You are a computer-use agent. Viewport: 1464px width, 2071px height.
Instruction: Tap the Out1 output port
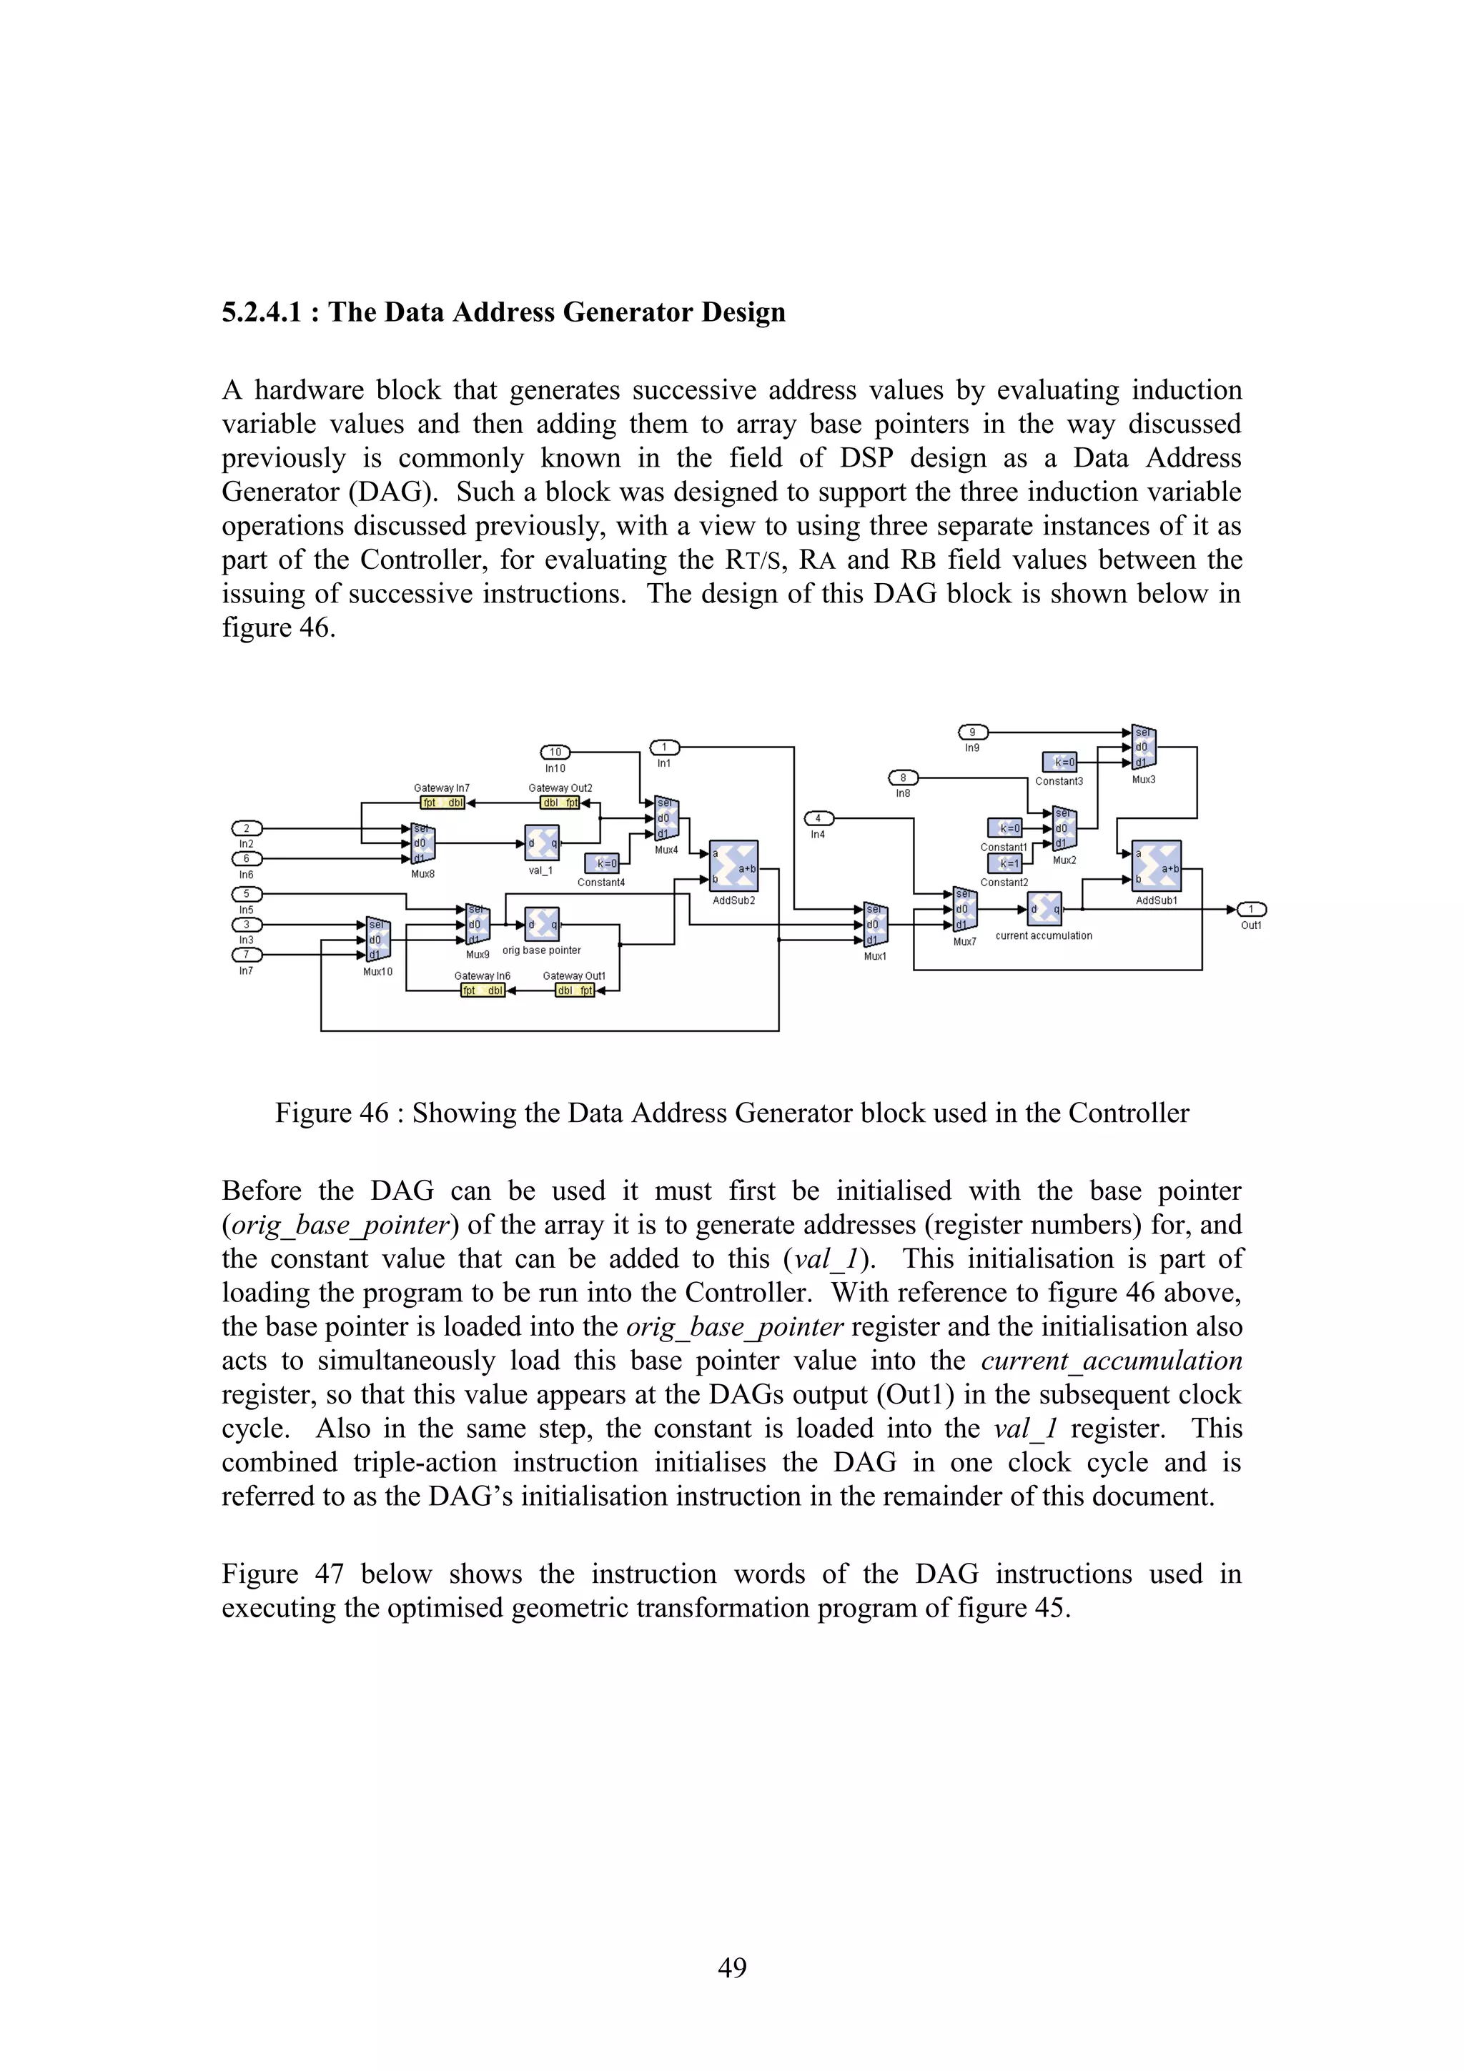pos(1251,909)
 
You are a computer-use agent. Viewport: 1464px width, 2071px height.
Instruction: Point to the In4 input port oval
pos(818,819)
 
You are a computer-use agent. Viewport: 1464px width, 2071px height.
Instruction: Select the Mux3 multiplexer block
pos(1144,748)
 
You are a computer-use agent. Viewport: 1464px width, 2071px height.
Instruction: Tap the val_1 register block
pos(541,843)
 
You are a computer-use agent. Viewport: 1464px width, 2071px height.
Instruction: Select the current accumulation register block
pos(1044,909)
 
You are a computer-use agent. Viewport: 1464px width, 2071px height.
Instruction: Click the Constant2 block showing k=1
pos(1005,863)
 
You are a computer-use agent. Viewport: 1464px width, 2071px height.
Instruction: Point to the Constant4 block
pos(602,863)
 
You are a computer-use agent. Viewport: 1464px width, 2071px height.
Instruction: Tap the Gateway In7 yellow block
pos(442,803)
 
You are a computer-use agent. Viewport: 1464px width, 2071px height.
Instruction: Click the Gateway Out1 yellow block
pos(575,990)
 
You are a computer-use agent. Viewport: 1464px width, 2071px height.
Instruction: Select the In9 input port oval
pos(972,732)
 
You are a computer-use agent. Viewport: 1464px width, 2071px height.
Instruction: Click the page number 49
pos(731,1968)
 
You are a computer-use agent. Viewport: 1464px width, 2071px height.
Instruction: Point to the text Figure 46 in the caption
pos(331,1113)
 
